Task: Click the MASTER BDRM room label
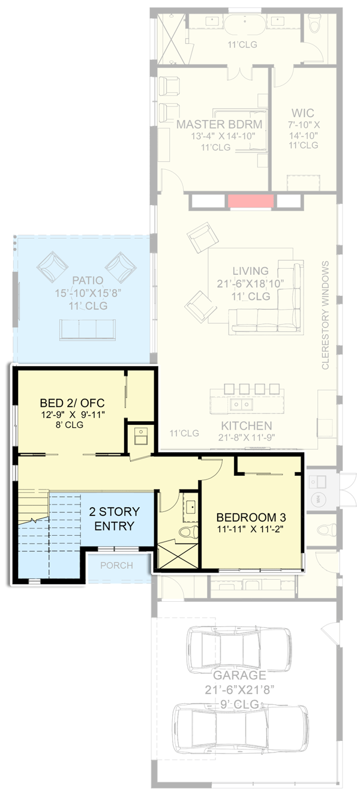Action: (x=219, y=124)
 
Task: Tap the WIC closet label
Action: (x=303, y=113)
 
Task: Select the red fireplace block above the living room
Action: (x=251, y=201)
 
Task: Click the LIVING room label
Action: (x=251, y=271)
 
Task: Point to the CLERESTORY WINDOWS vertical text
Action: (x=326, y=315)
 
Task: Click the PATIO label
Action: (x=88, y=280)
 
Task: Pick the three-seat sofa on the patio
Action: (x=88, y=329)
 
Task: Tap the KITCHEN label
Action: (x=247, y=425)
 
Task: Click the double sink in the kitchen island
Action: (x=242, y=404)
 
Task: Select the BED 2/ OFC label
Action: (x=72, y=402)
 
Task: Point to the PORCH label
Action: (x=116, y=566)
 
